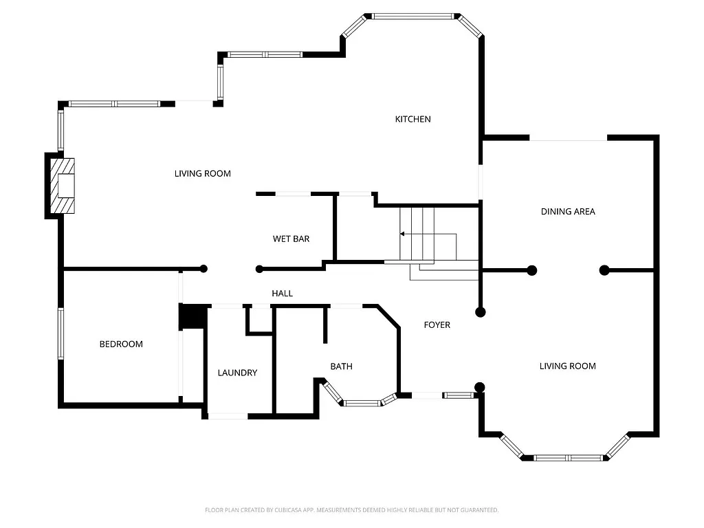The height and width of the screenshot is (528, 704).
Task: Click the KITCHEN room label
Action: click(x=412, y=119)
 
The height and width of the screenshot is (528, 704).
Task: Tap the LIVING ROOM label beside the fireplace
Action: click(x=202, y=173)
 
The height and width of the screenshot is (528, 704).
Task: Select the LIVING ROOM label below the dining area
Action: click(x=567, y=366)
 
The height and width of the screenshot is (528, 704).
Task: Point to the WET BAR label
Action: click(x=291, y=239)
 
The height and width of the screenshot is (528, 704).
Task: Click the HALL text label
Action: click(x=282, y=294)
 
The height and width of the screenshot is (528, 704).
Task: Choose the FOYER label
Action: click(x=437, y=324)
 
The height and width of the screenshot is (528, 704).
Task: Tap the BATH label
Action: click(x=341, y=366)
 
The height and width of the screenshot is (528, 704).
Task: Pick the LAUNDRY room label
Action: click(x=237, y=373)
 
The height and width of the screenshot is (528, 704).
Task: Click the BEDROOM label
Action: click(x=121, y=344)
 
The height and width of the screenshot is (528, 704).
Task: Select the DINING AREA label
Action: click(x=568, y=211)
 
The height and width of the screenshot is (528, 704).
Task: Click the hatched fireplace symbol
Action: click(x=63, y=186)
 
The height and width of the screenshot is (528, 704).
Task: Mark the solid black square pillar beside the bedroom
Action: click(x=192, y=317)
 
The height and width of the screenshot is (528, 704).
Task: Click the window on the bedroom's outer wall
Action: click(x=60, y=333)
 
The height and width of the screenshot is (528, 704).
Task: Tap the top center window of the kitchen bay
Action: click(x=412, y=16)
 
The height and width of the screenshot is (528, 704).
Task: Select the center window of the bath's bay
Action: click(x=362, y=403)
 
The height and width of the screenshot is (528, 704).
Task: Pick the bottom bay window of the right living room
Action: click(x=568, y=457)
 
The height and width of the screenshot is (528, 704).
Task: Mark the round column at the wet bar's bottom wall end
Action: click(x=259, y=269)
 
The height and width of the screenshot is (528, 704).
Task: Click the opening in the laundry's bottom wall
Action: click(x=228, y=416)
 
